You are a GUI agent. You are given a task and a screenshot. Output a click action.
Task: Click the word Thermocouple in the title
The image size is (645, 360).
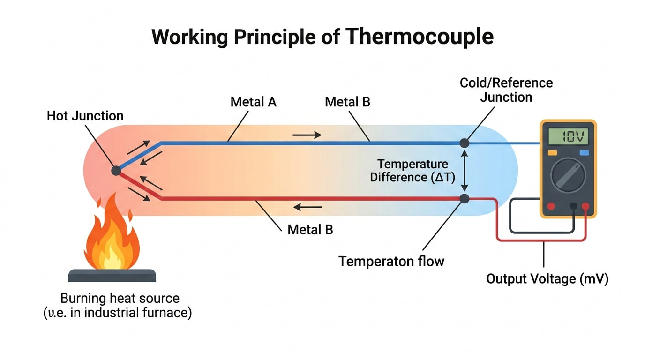pos(420,36)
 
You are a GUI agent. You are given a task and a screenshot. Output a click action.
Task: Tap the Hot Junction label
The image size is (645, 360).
pos(85,116)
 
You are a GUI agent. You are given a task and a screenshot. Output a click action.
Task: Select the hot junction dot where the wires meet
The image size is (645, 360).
pos(116,171)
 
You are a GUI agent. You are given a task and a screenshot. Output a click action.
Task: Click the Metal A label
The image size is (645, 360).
pos(253,102)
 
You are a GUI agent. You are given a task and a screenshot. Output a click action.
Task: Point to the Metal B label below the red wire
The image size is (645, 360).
pos(310,230)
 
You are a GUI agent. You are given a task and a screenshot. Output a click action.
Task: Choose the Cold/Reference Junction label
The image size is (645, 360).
pos(506,90)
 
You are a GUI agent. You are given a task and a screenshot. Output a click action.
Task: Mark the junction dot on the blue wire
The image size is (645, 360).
pos(465,143)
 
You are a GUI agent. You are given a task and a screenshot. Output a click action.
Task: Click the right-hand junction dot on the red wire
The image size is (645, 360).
pos(465,199)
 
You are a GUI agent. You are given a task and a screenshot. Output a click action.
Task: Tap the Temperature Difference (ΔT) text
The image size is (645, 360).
pos(412,171)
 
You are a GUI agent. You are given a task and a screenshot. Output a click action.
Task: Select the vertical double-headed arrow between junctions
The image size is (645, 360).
pos(465,171)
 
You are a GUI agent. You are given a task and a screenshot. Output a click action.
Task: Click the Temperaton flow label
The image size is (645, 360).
pos(391,261)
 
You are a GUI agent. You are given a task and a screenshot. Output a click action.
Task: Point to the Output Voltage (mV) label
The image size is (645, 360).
pos(547,279)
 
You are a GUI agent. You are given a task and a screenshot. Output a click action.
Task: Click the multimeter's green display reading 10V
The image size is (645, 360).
pos(568,137)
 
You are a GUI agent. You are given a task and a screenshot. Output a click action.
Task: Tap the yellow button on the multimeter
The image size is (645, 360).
pos(552,153)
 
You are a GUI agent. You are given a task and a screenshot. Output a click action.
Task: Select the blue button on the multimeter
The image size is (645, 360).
pos(584,153)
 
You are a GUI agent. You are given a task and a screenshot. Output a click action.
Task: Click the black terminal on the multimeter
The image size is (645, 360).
pos(573,206)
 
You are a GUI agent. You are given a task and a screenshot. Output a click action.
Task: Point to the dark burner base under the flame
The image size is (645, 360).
pos(112,276)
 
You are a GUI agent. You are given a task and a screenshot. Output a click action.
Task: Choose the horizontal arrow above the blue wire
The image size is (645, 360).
pos(307,135)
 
